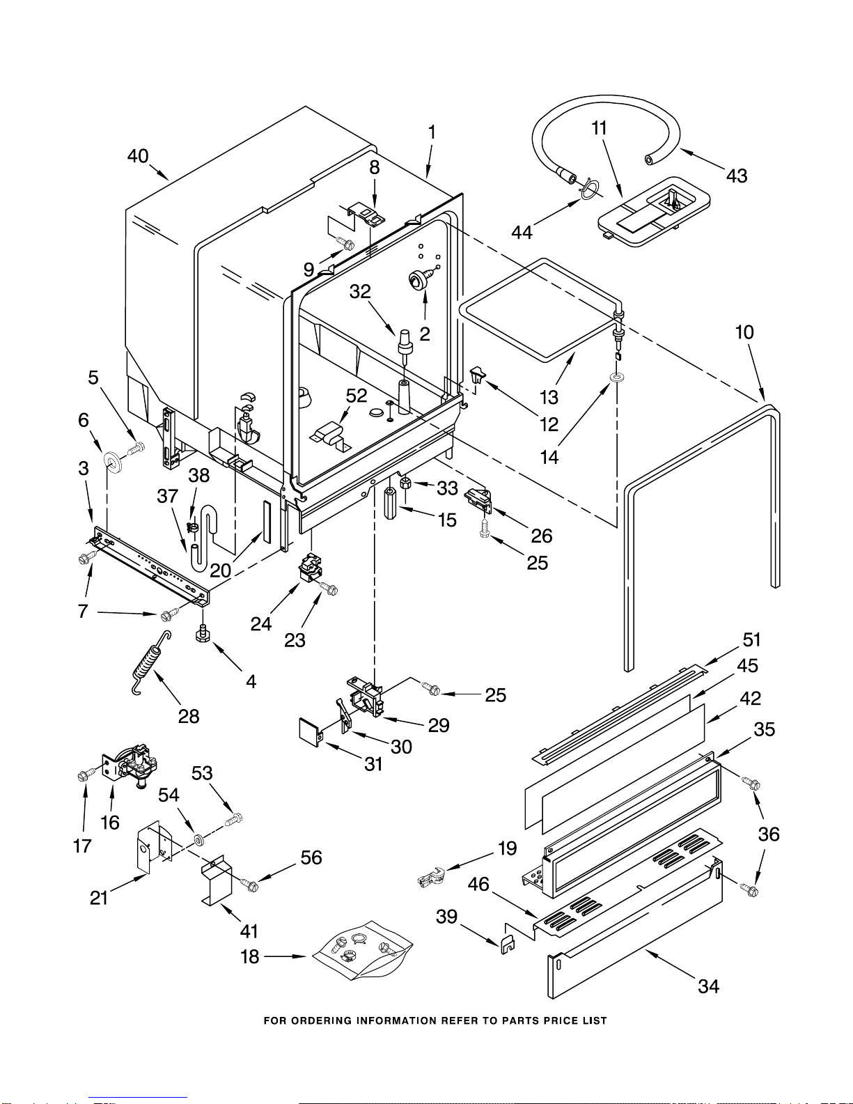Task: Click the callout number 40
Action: (x=138, y=156)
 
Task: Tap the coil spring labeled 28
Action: (x=151, y=662)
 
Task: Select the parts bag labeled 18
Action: (x=362, y=949)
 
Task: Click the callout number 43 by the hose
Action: (x=737, y=176)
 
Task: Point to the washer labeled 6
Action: (x=112, y=461)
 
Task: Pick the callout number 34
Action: (x=709, y=986)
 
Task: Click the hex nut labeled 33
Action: (x=406, y=483)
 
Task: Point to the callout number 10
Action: (x=744, y=332)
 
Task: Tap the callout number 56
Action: (x=311, y=857)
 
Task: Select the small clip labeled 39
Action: (x=507, y=944)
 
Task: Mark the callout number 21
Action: (x=99, y=899)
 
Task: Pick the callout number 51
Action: (x=751, y=639)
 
